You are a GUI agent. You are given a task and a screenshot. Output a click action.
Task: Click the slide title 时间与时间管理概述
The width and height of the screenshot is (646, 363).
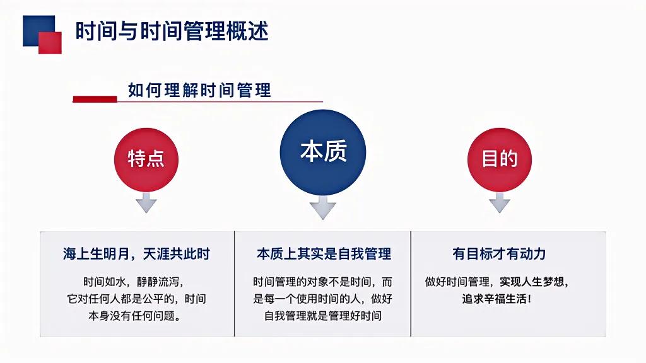[172, 31]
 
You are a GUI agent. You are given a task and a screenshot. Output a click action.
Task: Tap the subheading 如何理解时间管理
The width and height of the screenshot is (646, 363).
[199, 90]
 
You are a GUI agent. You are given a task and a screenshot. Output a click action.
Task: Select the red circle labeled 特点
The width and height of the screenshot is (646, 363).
[146, 159]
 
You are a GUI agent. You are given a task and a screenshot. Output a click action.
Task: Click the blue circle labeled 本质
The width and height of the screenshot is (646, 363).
[322, 152]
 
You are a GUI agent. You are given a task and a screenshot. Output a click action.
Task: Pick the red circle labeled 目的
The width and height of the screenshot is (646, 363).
[499, 159]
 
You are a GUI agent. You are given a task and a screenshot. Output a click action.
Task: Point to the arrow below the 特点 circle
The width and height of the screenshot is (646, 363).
[146, 202]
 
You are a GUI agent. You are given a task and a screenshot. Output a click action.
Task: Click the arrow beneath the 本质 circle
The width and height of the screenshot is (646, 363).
[322, 207]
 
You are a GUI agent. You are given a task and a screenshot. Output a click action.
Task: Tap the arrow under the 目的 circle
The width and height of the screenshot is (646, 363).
[499, 202]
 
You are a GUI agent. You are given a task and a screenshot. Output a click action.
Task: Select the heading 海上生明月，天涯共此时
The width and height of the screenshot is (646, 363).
[136, 254]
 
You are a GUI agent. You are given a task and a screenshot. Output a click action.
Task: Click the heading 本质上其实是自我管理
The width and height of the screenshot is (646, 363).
[323, 254]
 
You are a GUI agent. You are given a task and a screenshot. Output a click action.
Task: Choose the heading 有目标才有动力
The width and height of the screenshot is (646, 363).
[498, 254]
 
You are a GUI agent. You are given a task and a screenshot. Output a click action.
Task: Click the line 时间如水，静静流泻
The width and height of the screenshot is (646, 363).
[136, 282]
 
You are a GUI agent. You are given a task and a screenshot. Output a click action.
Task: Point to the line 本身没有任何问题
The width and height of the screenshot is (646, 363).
[136, 315]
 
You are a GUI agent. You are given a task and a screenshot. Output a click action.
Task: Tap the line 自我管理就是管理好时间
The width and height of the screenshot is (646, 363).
[323, 315]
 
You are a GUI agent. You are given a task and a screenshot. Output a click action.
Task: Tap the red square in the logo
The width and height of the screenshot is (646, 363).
[50, 42]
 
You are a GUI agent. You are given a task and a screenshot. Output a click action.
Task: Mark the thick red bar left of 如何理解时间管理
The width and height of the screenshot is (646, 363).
[95, 98]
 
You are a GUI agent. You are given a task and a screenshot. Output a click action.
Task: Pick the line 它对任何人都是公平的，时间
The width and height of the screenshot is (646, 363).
[136, 299]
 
